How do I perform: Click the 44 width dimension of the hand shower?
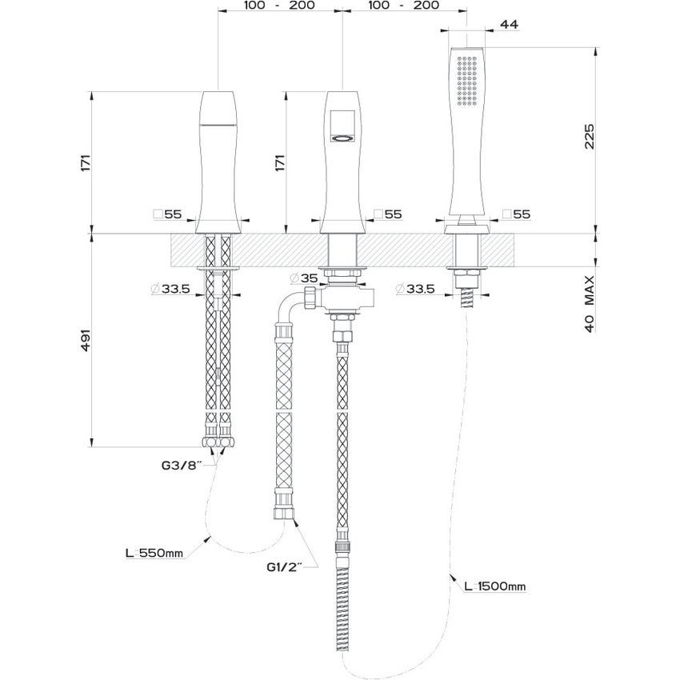pos(510,24)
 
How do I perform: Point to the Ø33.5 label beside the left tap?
pos(170,290)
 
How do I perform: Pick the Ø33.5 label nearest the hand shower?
pos(415,290)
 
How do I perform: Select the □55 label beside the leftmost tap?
pos(167,214)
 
